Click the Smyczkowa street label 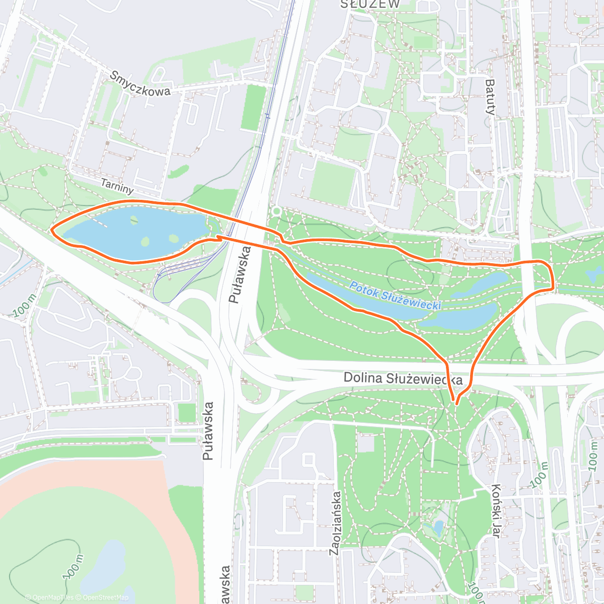[x=140, y=84]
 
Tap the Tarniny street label [x=117, y=186]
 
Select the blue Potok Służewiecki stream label [x=395, y=296]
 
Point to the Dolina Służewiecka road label [x=403, y=378]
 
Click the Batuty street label [x=490, y=97]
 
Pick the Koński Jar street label [x=496, y=511]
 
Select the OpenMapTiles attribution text [x=53, y=597]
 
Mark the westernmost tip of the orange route [x=52, y=230]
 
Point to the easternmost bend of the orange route [x=553, y=282]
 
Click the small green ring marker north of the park [x=276, y=211]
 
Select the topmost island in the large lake [x=134, y=219]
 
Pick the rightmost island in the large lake [x=174, y=239]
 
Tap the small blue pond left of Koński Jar [x=438, y=527]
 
